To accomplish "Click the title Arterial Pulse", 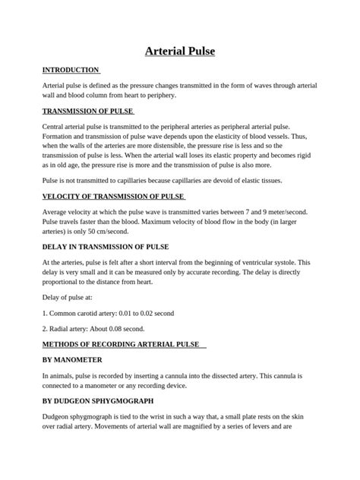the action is pos(180,51).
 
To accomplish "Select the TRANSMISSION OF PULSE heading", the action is pos(87,111).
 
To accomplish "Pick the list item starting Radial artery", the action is pos(92,329).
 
